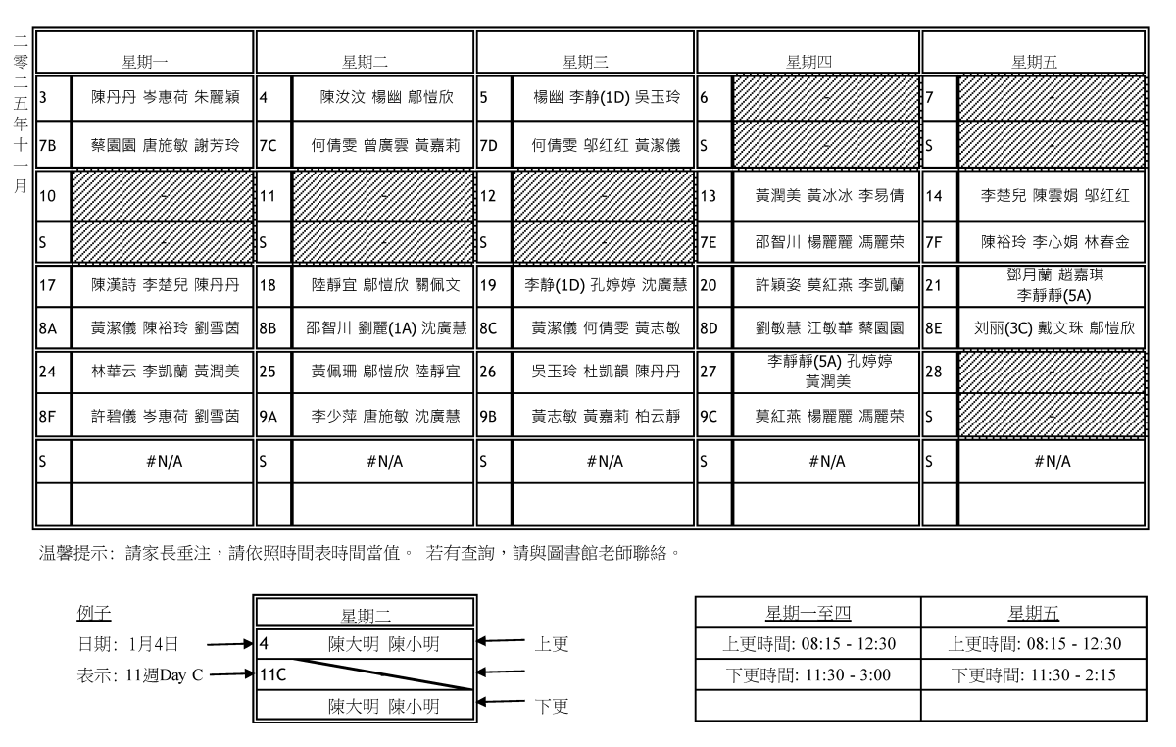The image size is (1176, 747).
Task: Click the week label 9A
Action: tap(271, 415)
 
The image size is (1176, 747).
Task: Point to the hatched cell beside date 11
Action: tap(383, 195)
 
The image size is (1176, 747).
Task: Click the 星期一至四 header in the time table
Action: tap(808, 614)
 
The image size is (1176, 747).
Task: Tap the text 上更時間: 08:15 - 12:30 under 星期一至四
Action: tap(808, 644)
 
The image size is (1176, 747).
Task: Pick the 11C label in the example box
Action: tap(273, 673)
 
